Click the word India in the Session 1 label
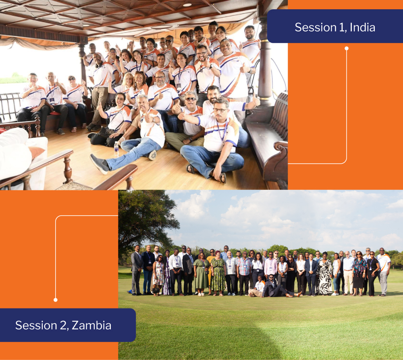[362, 27]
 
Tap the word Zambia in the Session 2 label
[91, 325]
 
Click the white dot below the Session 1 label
[347, 48]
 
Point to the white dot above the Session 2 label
[56, 300]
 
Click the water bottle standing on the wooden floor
[116, 149]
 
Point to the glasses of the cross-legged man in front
[220, 110]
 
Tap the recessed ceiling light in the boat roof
[187, 4]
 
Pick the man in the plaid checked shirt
[244, 273]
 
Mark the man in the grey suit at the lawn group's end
[137, 270]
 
